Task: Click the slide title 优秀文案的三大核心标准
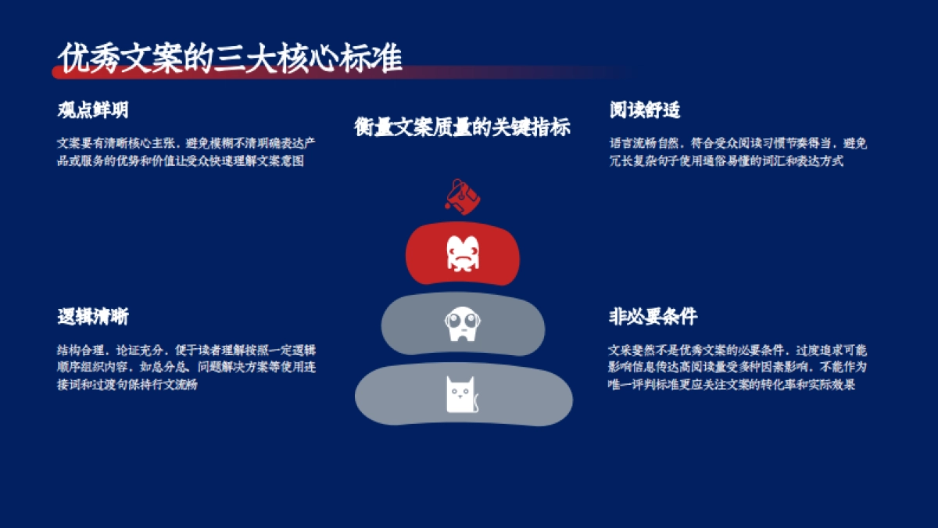231,59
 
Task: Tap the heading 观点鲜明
92,110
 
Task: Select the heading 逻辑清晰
92,317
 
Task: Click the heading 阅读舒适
644,110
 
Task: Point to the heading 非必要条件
653,317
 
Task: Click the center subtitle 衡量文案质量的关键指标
462,128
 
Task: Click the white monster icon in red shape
462,253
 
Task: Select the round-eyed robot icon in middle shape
462,324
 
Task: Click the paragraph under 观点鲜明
186,153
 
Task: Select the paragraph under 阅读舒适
738,153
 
